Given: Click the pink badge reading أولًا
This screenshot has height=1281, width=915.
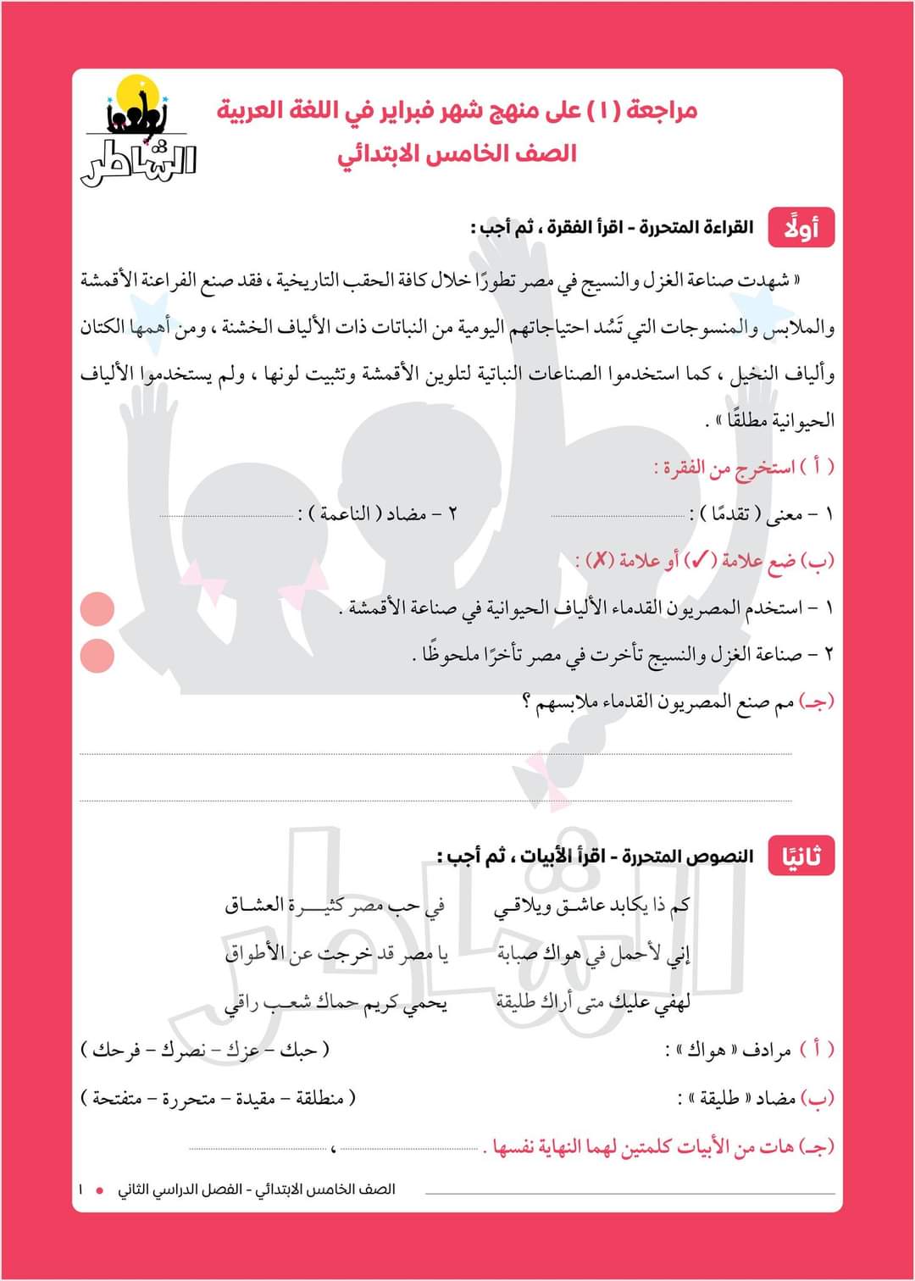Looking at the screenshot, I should (x=801, y=227).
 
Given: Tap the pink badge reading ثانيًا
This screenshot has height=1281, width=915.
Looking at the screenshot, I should (x=801, y=856).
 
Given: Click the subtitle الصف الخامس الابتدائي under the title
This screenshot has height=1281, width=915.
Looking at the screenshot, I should (x=457, y=153).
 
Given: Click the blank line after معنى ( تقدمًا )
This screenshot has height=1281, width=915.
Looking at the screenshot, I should (x=618, y=515).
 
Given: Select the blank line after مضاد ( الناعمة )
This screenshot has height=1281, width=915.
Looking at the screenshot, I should (x=227, y=515).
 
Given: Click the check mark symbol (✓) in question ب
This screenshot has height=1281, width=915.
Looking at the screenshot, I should (x=701, y=560).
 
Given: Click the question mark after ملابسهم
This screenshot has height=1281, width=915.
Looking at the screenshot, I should (x=527, y=701).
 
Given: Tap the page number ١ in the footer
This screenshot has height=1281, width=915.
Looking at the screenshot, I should (x=80, y=1189).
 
